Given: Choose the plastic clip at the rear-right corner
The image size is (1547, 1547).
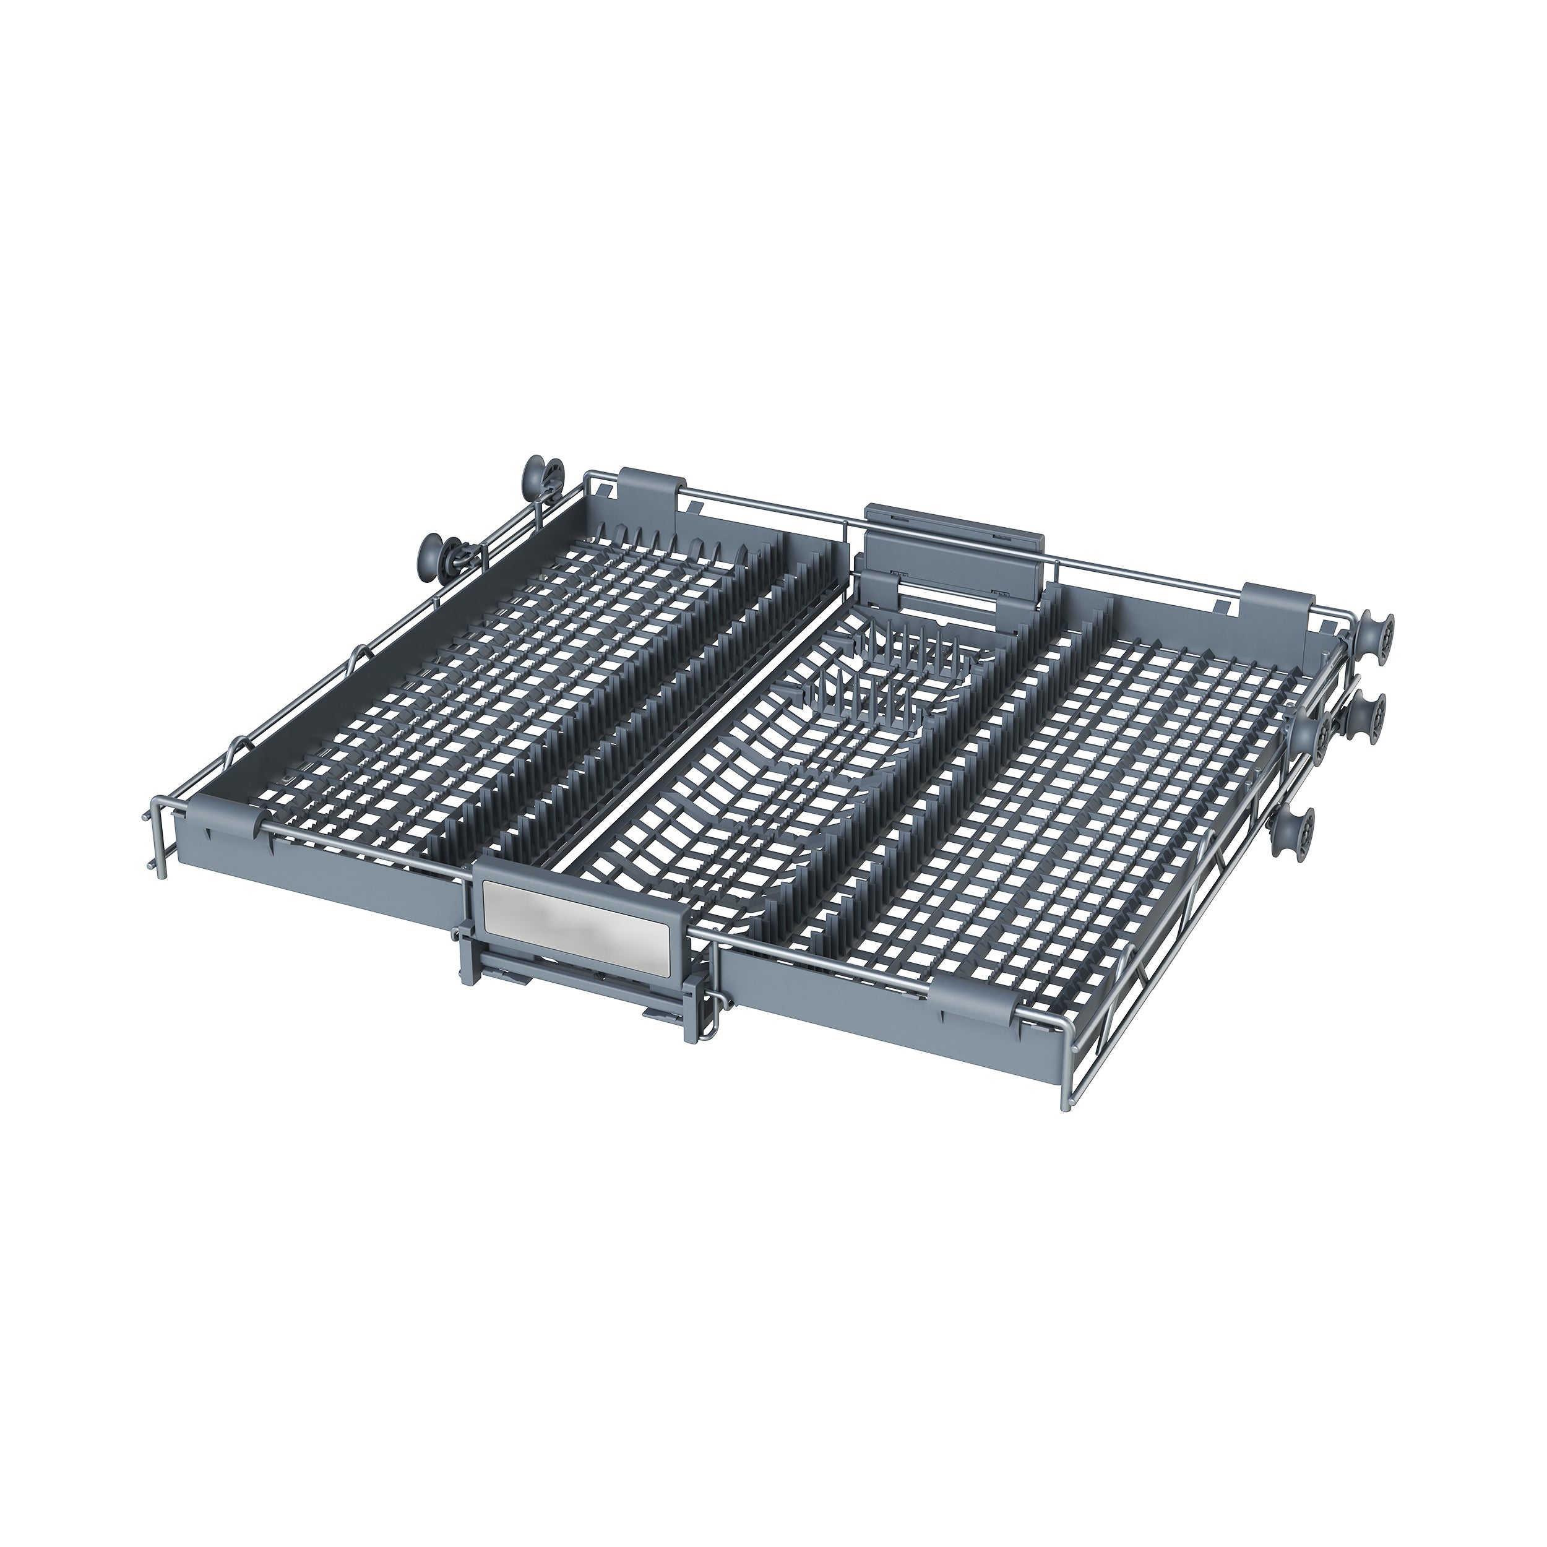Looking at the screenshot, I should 1280,602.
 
